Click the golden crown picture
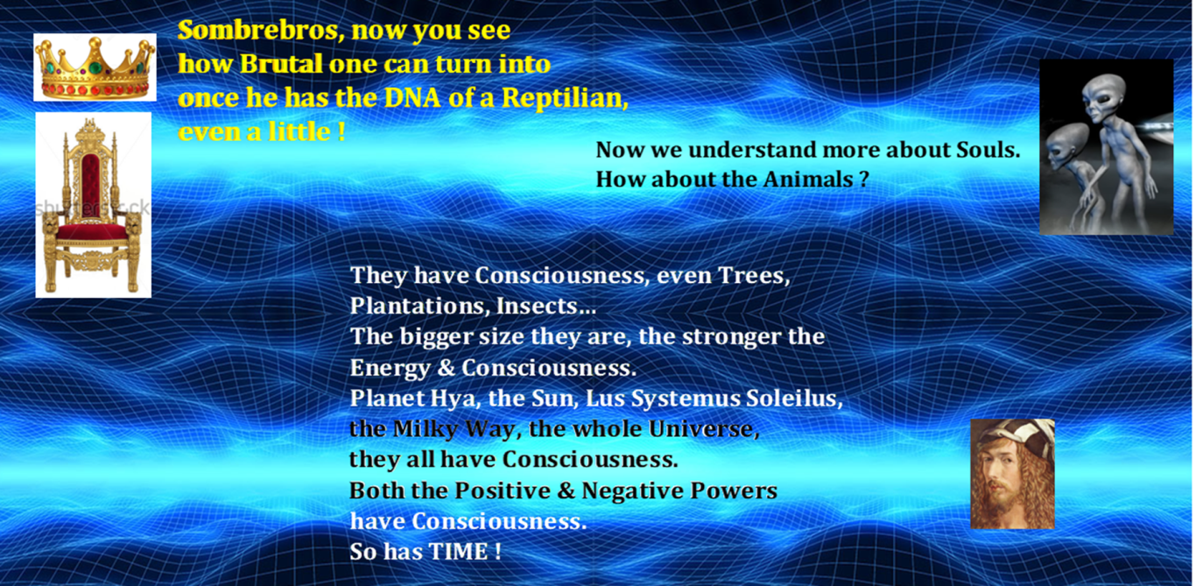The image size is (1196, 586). pyautogui.click(x=95, y=67)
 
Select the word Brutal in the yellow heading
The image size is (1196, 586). pyautogui.click(x=281, y=64)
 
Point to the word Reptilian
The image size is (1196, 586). pyautogui.click(x=565, y=98)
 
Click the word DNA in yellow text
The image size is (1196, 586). pyautogui.click(x=412, y=98)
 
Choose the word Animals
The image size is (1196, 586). pyautogui.click(x=808, y=180)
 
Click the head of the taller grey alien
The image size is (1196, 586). pyautogui.click(x=1104, y=97)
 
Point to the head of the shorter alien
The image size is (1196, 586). pyautogui.click(x=1066, y=145)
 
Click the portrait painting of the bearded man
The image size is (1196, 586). pyautogui.click(x=1012, y=474)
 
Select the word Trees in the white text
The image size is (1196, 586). pyautogui.click(x=752, y=276)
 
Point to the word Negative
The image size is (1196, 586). pyautogui.click(x=631, y=491)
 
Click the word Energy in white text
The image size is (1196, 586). pyautogui.click(x=390, y=369)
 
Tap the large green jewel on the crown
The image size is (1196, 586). pyautogui.click(x=95, y=68)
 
